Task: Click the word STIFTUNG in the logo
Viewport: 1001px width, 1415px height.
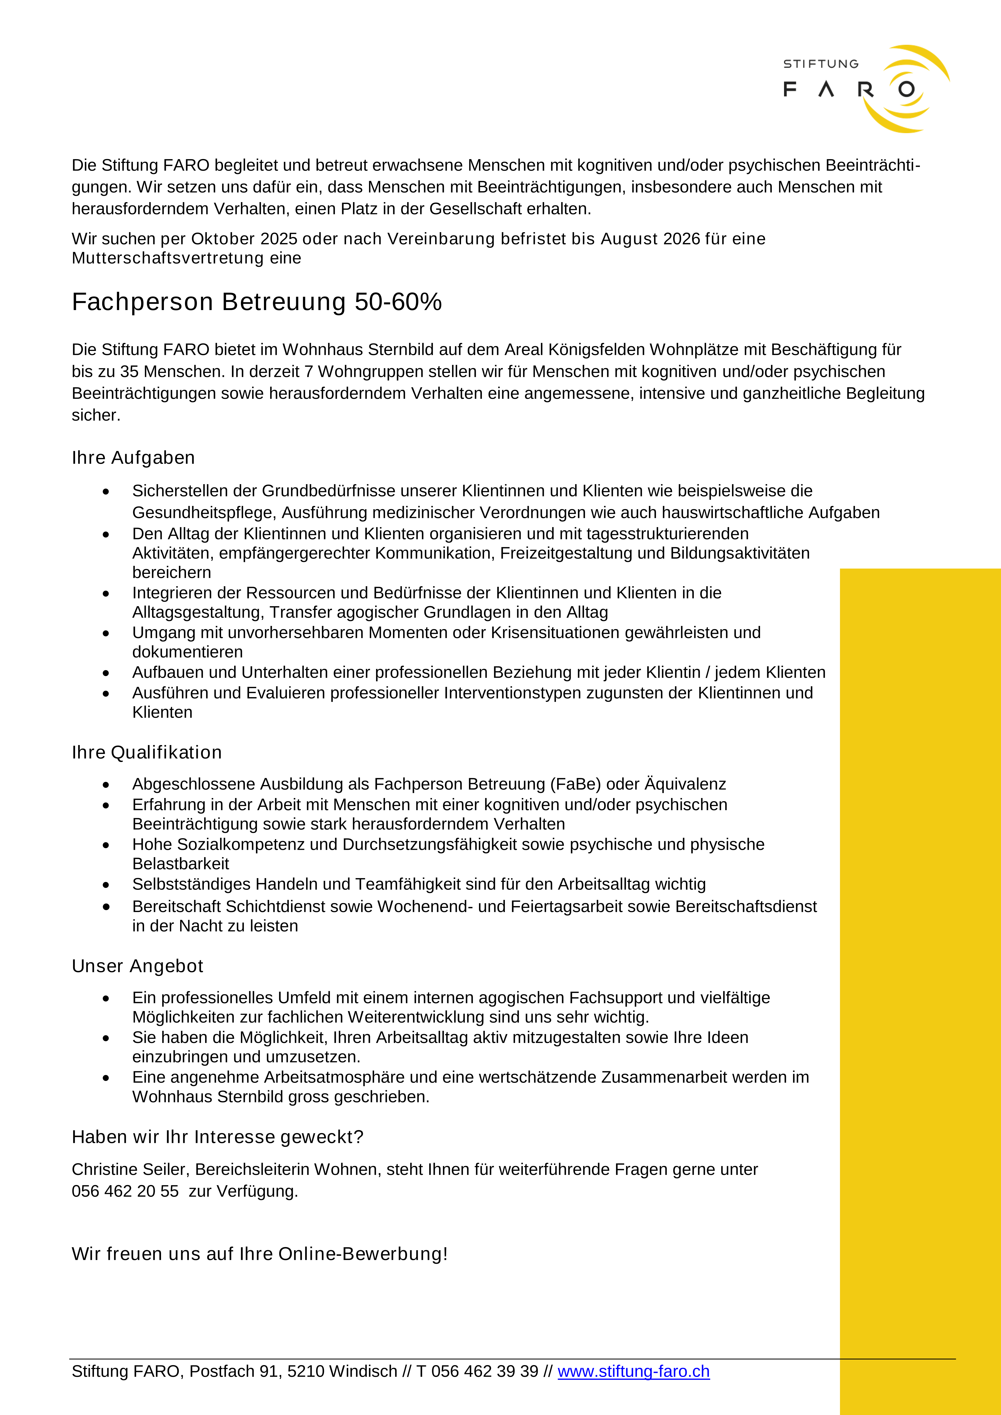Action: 820,64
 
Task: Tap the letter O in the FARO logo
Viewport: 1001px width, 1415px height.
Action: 906,89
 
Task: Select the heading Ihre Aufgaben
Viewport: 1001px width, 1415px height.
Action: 133,458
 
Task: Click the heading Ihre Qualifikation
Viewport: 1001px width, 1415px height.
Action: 147,753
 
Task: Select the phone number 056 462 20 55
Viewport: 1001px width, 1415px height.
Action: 125,1191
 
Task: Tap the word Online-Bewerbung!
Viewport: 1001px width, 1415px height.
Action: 363,1254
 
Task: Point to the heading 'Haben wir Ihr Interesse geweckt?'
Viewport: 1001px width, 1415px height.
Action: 218,1137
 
